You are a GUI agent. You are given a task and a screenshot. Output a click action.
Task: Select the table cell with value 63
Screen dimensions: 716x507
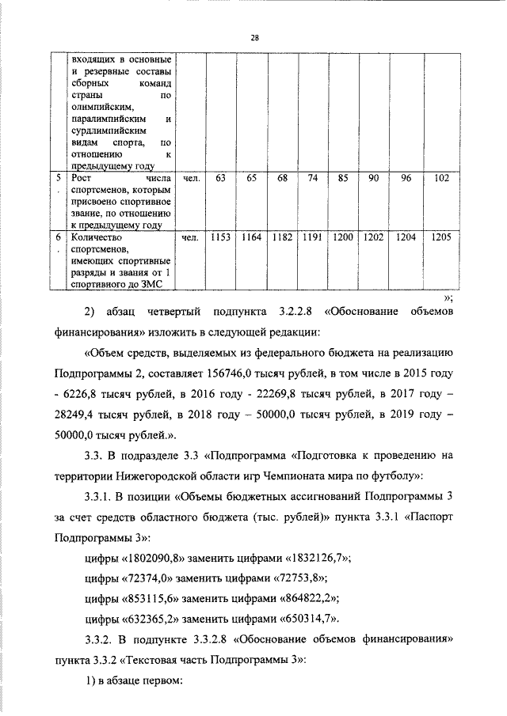tap(221, 179)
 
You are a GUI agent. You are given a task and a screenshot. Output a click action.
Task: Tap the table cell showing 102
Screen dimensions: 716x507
tap(441, 179)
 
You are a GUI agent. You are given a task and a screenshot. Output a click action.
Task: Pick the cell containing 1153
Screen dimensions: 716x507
tap(221, 237)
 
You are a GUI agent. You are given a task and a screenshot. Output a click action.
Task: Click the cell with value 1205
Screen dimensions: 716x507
tap(441, 237)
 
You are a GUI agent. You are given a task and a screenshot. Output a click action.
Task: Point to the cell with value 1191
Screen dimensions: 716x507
tap(312, 237)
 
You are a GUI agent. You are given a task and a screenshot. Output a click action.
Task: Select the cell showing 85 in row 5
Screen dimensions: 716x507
tap(343, 179)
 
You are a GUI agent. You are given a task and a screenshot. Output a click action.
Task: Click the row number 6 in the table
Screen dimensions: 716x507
tap(58, 237)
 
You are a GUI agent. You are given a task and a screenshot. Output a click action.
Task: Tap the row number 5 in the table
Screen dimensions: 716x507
tap(58, 179)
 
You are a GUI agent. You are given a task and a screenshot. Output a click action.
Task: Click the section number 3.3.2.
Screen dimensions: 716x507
tap(100, 639)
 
